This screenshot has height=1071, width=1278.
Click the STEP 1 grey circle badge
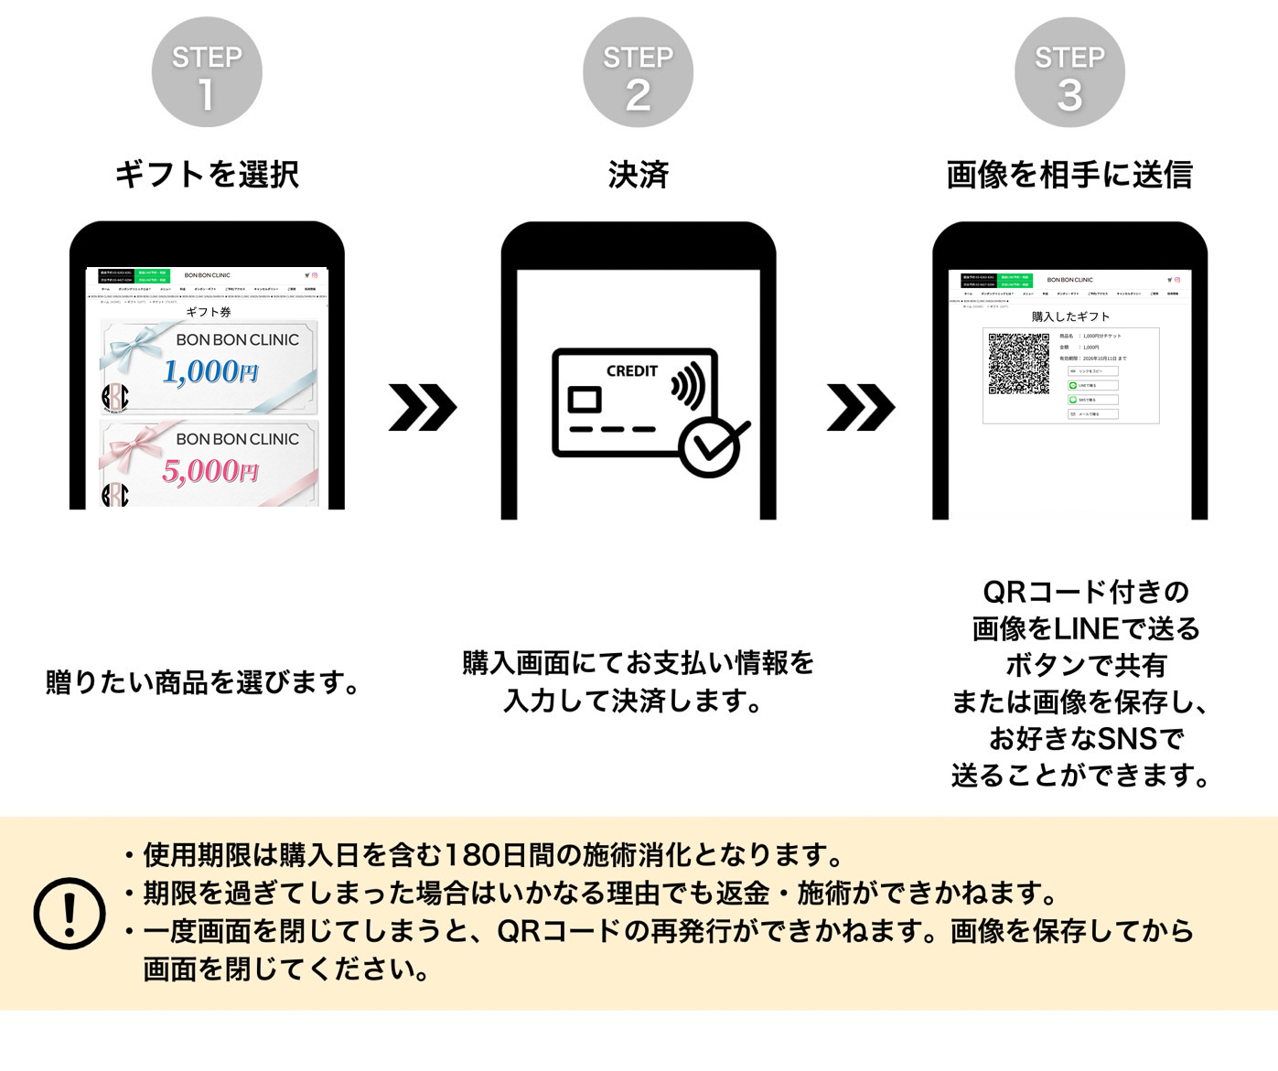207,72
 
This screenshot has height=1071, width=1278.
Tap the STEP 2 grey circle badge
638,73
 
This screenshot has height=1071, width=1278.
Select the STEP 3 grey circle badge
1069,73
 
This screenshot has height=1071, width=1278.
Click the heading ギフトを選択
207,174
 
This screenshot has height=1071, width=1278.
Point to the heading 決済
638,174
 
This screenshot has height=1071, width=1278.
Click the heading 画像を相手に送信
1069,174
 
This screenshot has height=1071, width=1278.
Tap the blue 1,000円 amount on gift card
210,371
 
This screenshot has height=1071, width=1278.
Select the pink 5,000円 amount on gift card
210,471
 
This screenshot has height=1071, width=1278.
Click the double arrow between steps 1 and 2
422,408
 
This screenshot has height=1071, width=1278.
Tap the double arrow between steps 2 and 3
860,408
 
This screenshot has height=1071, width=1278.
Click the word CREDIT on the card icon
631,371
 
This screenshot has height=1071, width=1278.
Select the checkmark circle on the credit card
711,447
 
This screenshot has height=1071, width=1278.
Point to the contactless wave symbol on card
689,385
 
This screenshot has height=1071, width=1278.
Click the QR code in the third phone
1018,364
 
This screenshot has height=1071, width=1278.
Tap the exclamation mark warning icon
70,913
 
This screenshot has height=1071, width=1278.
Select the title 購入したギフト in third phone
1070,316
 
